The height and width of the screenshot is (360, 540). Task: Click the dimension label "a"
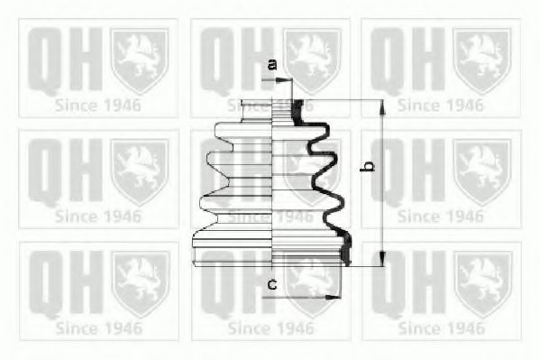(x=273, y=64)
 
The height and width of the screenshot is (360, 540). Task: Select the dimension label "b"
(x=368, y=166)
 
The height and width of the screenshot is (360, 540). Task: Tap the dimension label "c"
(x=272, y=285)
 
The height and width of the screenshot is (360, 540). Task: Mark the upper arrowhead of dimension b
(x=382, y=107)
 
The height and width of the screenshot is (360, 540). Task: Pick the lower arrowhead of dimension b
(x=382, y=259)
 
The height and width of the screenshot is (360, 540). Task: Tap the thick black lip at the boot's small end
(x=297, y=111)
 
